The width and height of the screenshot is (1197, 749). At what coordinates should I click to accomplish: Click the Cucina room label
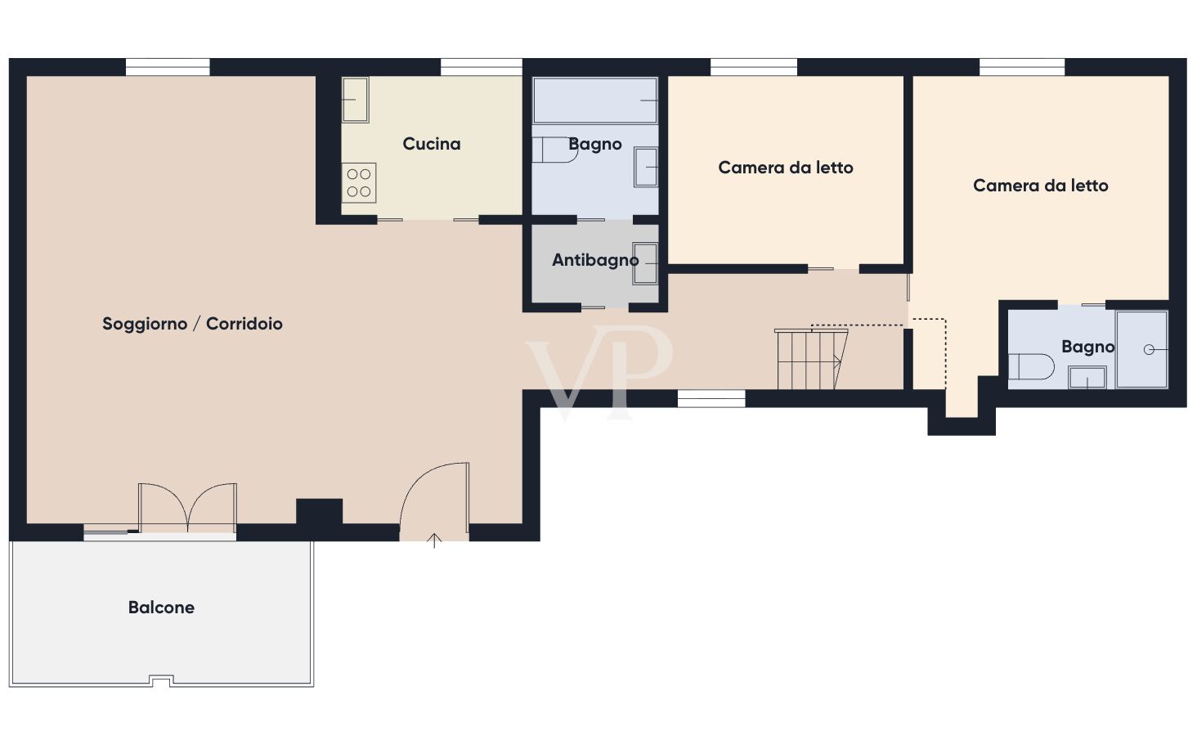(432, 144)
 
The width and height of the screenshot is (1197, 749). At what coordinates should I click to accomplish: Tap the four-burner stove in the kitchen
(359, 183)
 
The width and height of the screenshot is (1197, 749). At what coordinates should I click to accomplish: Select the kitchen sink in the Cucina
(355, 100)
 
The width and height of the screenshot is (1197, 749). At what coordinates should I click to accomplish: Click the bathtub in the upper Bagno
(595, 100)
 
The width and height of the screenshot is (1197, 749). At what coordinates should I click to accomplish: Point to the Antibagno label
(594, 260)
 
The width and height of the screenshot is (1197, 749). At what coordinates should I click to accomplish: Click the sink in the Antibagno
(645, 263)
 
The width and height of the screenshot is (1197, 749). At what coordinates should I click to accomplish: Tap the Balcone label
(161, 608)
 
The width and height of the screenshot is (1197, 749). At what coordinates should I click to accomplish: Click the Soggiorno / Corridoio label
(192, 324)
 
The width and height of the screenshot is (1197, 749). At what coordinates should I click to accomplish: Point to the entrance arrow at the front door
(435, 540)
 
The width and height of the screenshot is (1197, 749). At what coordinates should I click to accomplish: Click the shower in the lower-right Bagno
(1142, 349)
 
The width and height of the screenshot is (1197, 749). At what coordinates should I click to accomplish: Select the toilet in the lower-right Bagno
(1029, 366)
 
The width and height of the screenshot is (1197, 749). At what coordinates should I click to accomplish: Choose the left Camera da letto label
(786, 168)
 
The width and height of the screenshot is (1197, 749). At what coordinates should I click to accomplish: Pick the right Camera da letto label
(1040, 186)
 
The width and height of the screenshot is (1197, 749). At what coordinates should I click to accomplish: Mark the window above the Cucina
(481, 66)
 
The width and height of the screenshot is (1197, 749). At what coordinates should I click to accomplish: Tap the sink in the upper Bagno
(646, 167)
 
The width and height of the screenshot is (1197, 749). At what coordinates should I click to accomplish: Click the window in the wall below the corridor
(711, 398)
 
